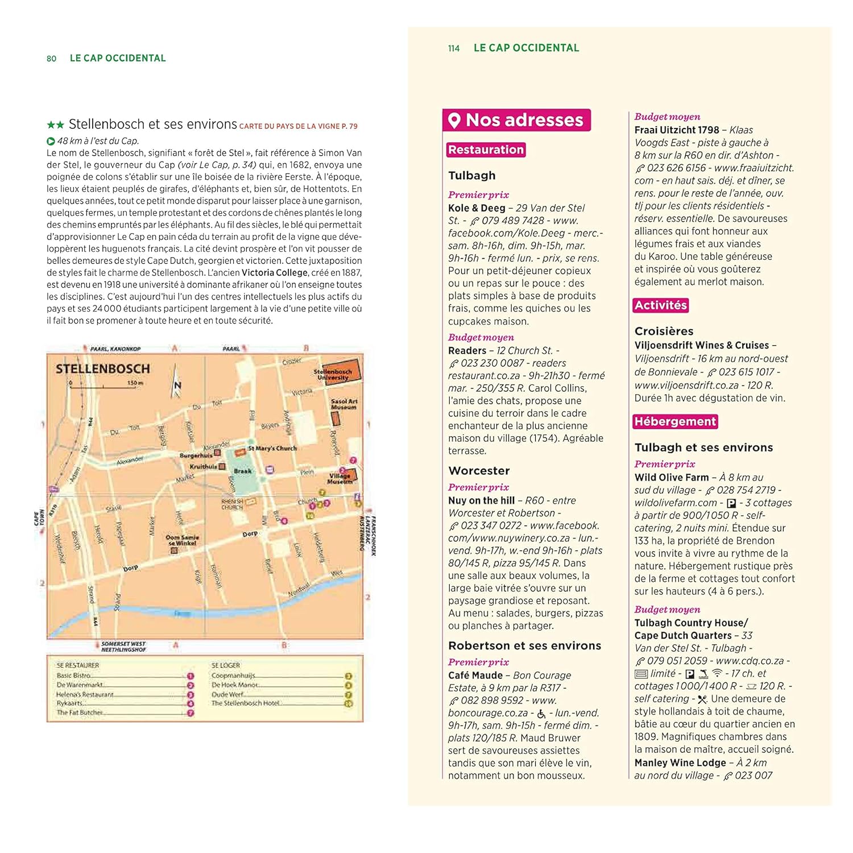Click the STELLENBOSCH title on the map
tap(103, 368)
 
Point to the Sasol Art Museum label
tap(343, 404)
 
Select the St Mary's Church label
tap(272, 448)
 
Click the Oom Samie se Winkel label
tap(182, 540)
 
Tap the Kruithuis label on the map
tap(203, 466)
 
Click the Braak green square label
tap(242, 471)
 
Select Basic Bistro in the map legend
tap(73, 676)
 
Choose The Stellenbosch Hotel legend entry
tap(245, 703)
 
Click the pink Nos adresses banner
tap(517, 120)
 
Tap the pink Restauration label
tap(486, 150)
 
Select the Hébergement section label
tap(675, 421)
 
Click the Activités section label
tap(661, 305)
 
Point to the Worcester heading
tap(479, 471)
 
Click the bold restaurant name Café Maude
tap(475, 675)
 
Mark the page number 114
tap(454, 48)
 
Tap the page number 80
tap(52, 59)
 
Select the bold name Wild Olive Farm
tap(672, 478)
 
